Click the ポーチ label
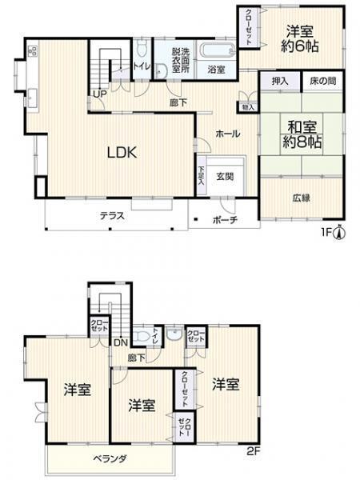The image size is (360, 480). click(x=225, y=219)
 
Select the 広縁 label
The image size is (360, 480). click(x=301, y=198)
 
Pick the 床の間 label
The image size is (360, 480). click(x=322, y=82)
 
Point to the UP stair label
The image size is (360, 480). click(x=100, y=94)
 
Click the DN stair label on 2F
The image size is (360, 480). click(x=120, y=342)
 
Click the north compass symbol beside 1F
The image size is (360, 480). click(x=340, y=233)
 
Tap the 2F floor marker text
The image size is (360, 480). click(x=253, y=451)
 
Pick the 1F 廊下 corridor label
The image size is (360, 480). click(x=178, y=102)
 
